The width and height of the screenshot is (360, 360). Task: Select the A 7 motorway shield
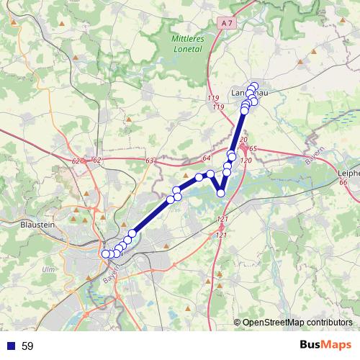click(228, 23)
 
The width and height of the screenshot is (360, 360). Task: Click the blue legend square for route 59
click(9, 346)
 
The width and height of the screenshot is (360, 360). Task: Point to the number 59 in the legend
click(27, 346)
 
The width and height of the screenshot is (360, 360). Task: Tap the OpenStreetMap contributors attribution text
click(297, 322)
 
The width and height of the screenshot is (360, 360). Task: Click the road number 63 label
click(150, 161)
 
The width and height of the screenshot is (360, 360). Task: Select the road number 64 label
click(206, 158)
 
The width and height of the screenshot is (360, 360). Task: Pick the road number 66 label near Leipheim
click(343, 183)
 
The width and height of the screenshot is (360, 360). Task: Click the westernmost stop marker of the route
click(106, 253)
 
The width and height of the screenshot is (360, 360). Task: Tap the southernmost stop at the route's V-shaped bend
click(221, 192)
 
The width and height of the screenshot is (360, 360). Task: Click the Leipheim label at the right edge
click(348, 173)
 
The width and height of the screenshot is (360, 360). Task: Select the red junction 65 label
click(253, 148)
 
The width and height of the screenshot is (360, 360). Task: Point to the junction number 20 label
click(243, 139)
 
